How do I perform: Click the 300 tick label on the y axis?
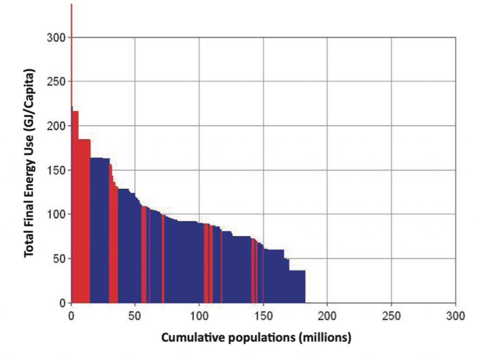[57, 37]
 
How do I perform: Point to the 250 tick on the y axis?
[57, 82]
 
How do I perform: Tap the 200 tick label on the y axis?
[57, 126]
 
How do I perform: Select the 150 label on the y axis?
[57, 170]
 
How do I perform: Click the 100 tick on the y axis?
[57, 214]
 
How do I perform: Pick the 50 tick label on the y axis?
[59, 259]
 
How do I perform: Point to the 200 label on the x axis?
[327, 315]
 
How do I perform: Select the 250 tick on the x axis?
[391, 315]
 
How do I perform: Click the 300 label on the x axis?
[455, 315]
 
